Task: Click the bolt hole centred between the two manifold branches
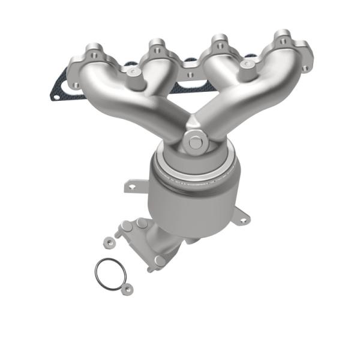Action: click(x=190, y=76)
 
